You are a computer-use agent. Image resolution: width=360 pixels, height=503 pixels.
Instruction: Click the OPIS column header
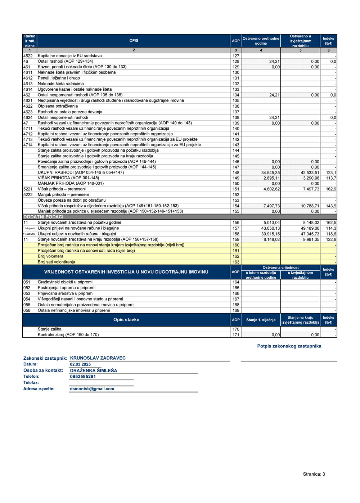tap(134, 41)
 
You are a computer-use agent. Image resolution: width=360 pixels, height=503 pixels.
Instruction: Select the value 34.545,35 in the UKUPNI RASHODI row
tap(270, 172)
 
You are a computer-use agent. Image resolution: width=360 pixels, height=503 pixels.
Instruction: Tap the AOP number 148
tap(236, 172)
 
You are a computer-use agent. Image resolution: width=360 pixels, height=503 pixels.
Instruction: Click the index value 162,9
tap(331, 189)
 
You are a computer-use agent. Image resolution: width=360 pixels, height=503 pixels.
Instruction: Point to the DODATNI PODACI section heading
tap(44, 217)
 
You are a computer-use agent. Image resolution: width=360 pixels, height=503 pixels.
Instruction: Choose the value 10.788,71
tap(310, 206)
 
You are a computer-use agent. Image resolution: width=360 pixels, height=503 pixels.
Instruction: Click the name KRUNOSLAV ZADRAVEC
tap(98, 358)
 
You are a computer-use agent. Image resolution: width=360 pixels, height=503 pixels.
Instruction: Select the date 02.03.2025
tap(80, 364)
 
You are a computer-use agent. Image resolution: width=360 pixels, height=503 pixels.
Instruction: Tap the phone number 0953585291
tap(83, 377)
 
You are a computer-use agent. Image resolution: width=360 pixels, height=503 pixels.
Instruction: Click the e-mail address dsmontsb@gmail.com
tap(92, 389)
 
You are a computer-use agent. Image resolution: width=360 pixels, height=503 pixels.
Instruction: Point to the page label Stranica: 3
tap(314, 474)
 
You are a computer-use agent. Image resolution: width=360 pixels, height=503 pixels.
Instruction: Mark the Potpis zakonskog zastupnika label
tap(289, 346)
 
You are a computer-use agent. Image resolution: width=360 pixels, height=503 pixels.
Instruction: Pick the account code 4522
tap(28, 56)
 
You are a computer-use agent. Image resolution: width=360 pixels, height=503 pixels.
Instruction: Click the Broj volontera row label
tap(50, 256)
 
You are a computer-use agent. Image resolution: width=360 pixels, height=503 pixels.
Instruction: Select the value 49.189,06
tap(310, 228)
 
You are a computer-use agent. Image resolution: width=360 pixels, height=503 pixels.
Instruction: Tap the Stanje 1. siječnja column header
tap(261, 320)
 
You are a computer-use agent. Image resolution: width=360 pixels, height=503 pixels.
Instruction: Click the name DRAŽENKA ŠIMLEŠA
tap(94, 370)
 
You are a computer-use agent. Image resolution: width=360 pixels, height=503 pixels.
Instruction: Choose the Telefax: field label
tap(31, 383)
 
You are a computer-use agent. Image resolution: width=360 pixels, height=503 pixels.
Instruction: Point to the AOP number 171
tap(236, 335)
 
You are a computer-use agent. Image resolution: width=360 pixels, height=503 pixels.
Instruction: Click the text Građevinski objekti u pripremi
tap(65, 282)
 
